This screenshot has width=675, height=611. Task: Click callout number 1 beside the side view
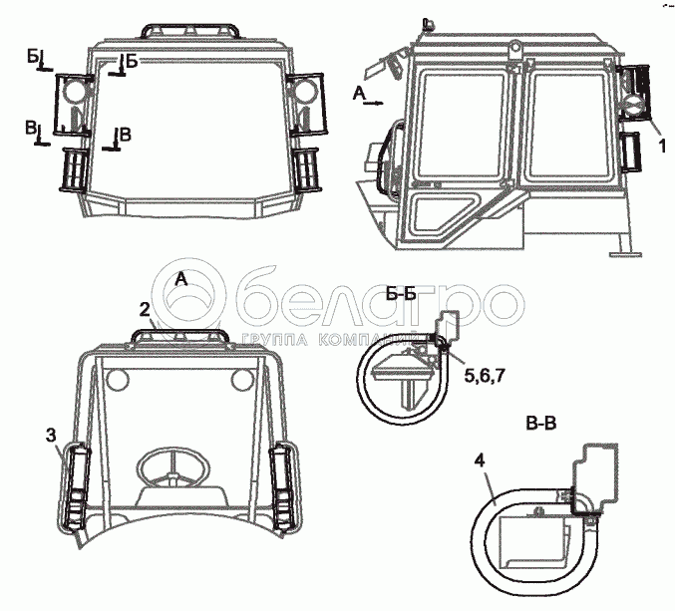click(662, 146)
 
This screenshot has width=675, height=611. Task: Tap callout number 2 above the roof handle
click(145, 309)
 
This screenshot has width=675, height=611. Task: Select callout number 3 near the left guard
click(51, 436)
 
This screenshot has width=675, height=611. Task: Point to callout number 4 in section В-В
click(480, 460)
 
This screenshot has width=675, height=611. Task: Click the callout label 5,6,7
click(484, 376)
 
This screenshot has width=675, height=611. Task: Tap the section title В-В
click(541, 424)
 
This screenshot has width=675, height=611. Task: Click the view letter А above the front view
click(181, 280)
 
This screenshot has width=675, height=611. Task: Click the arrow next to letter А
click(373, 103)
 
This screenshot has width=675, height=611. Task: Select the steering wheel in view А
click(172, 467)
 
